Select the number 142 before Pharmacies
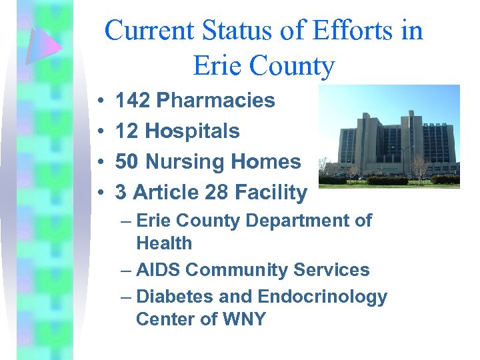131,101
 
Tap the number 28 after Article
217,193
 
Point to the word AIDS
158,270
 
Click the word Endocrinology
322,297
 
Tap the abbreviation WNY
243,319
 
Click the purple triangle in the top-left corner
43,44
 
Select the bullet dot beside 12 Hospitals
99,132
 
